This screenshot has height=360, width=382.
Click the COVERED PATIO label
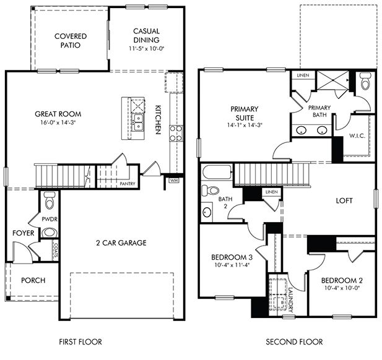[70, 41]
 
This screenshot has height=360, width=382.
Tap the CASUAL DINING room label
[146, 36]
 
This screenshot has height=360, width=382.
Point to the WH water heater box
[174, 181]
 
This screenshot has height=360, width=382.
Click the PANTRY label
[128, 184]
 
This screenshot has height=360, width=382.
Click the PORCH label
[33, 280]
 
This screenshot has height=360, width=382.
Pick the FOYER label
[22, 233]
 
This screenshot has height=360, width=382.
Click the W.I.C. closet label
[356, 135]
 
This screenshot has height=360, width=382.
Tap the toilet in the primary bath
[364, 82]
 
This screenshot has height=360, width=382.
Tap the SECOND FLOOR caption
[294, 341]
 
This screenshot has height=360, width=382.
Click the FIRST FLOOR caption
[80, 341]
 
